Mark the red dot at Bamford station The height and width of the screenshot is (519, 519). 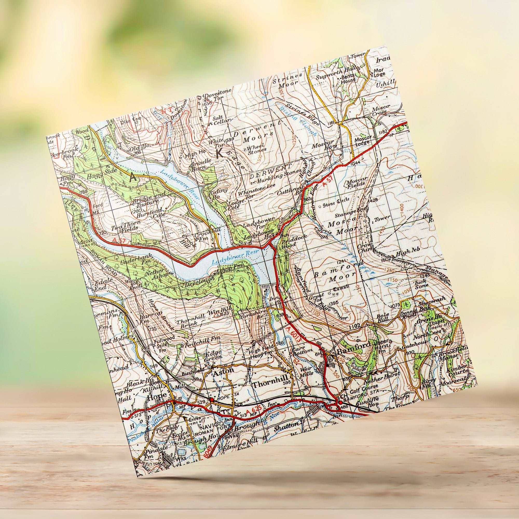tap(340, 402)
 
